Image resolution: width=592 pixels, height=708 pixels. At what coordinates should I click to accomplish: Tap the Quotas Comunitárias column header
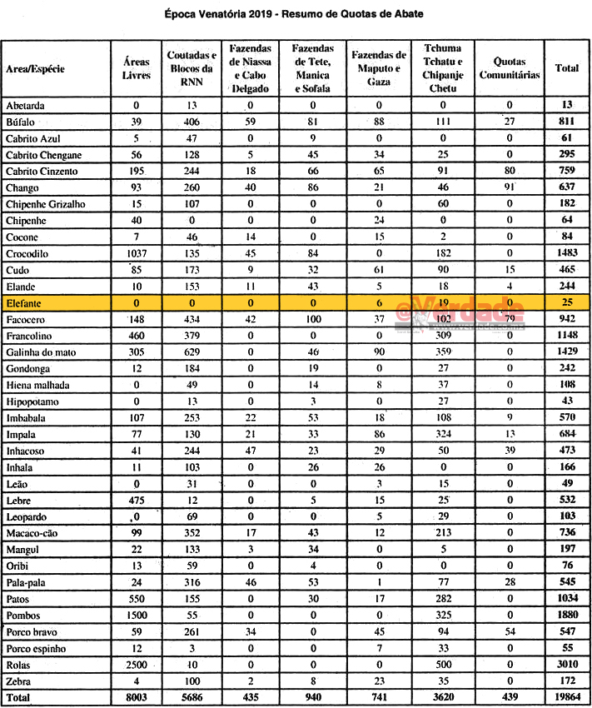[510, 68]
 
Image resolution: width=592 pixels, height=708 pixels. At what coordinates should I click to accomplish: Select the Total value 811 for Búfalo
[567, 122]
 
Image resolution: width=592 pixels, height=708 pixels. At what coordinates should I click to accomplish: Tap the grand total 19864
[567, 696]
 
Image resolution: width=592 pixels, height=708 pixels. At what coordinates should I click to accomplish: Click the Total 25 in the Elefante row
[567, 302]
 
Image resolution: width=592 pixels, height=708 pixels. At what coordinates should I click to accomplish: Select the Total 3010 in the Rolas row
[567, 665]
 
